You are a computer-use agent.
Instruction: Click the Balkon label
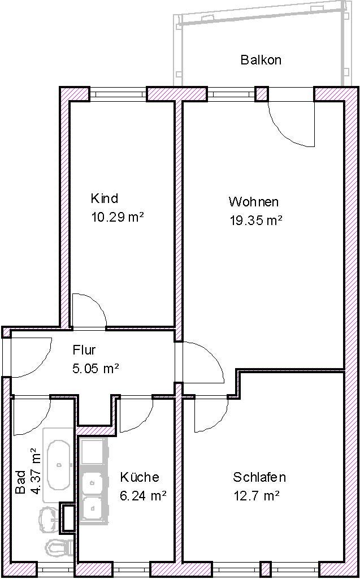click(261, 60)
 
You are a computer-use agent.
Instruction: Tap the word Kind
click(105, 198)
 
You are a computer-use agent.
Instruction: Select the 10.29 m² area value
click(118, 217)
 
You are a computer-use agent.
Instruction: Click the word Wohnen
click(253, 202)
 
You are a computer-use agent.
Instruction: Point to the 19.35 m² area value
click(256, 221)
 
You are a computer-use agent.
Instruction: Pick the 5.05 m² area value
click(96, 368)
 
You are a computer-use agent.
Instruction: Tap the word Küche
click(140, 477)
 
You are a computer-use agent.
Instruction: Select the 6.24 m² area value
click(143, 495)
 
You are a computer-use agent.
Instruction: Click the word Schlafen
click(259, 477)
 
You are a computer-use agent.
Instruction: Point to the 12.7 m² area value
click(256, 495)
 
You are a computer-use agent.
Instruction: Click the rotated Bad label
click(21, 482)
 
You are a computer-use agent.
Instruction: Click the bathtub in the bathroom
click(58, 465)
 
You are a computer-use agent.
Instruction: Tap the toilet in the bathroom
click(59, 547)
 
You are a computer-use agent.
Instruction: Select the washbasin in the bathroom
click(50, 520)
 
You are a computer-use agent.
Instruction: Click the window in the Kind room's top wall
click(118, 94)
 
